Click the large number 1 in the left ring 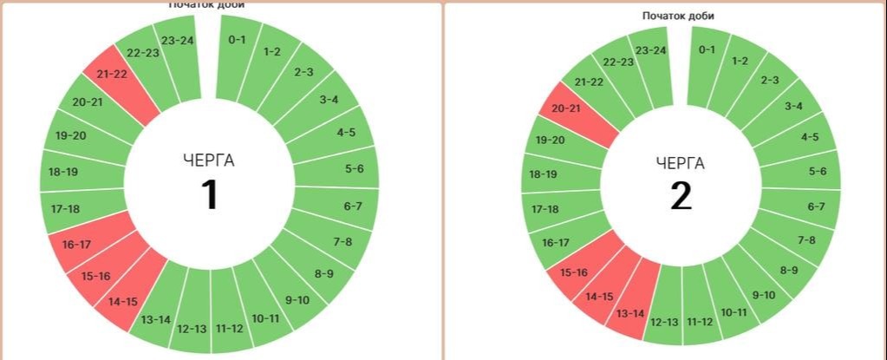(209, 194)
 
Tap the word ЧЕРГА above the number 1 (209, 160)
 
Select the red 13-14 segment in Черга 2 (630, 312)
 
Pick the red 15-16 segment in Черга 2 (575, 272)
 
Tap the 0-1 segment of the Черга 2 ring (708, 49)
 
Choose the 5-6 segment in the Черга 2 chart (816, 172)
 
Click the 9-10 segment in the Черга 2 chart (763, 295)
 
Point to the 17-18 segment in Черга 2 (545, 209)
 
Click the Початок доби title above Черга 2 (678, 16)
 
